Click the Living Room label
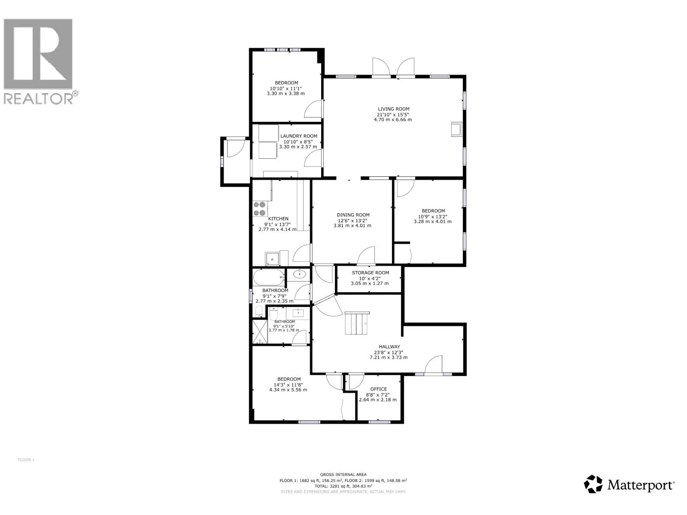(x=393, y=109)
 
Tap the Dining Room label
(x=353, y=215)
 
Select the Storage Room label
(x=370, y=273)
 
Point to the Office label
(x=379, y=389)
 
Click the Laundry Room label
(x=298, y=136)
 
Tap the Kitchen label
(x=278, y=219)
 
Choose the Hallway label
(x=389, y=346)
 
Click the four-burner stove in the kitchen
(x=260, y=209)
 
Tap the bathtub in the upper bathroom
(x=269, y=277)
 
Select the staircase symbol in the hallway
(x=356, y=323)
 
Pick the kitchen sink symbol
(x=272, y=259)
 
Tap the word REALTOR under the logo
(x=39, y=99)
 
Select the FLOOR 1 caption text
(x=26, y=460)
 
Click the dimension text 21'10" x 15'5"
(x=393, y=115)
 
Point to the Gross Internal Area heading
(x=343, y=474)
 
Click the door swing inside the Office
(x=356, y=382)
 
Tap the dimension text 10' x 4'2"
(x=370, y=278)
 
